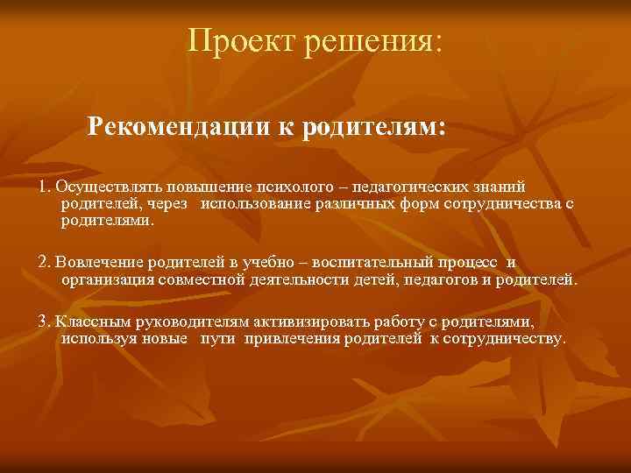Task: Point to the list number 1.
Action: (x=43, y=187)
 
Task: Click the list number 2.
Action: (x=43, y=263)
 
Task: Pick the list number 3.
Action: (x=43, y=321)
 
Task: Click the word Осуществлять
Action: (x=101, y=187)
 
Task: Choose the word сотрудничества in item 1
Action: (x=504, y=203)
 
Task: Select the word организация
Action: (x=107, y=280)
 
